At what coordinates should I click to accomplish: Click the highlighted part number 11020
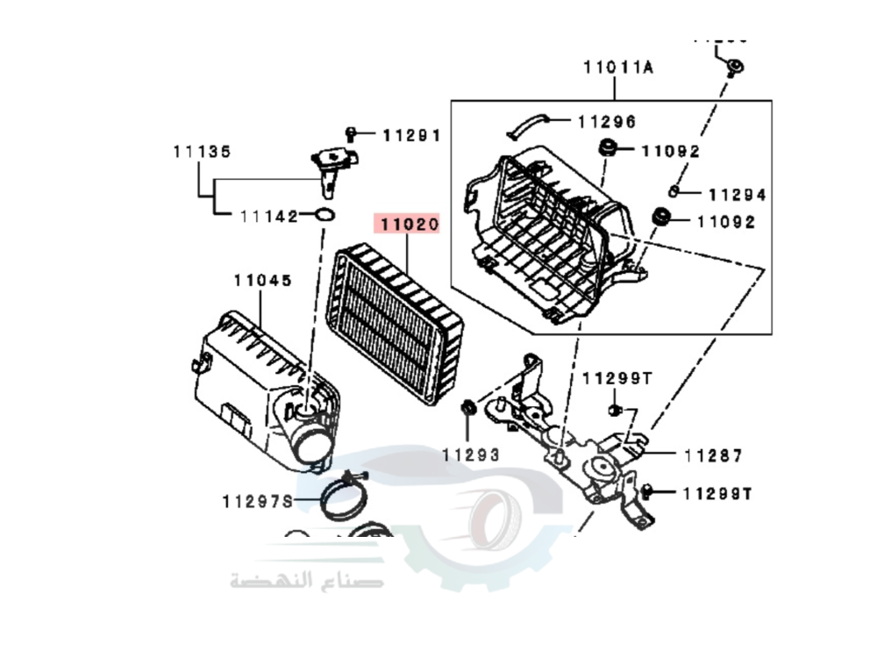(408, 225)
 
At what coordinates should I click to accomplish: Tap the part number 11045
(262, 281)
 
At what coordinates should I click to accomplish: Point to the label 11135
(202, 152)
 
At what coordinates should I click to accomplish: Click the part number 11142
(269, 216)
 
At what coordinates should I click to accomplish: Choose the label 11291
(410, 135)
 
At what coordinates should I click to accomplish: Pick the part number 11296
(607, 122)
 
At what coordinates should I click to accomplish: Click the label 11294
(737, 195)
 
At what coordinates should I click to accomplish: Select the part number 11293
(470, 454)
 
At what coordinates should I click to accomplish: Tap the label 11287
(713, 455)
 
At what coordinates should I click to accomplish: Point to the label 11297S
(256, 501)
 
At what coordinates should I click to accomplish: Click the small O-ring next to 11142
(324, 215)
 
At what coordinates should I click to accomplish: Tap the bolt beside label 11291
(351, 134)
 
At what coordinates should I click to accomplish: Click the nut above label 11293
(468, 407)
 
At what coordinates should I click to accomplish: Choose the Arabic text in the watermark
(307, 579)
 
